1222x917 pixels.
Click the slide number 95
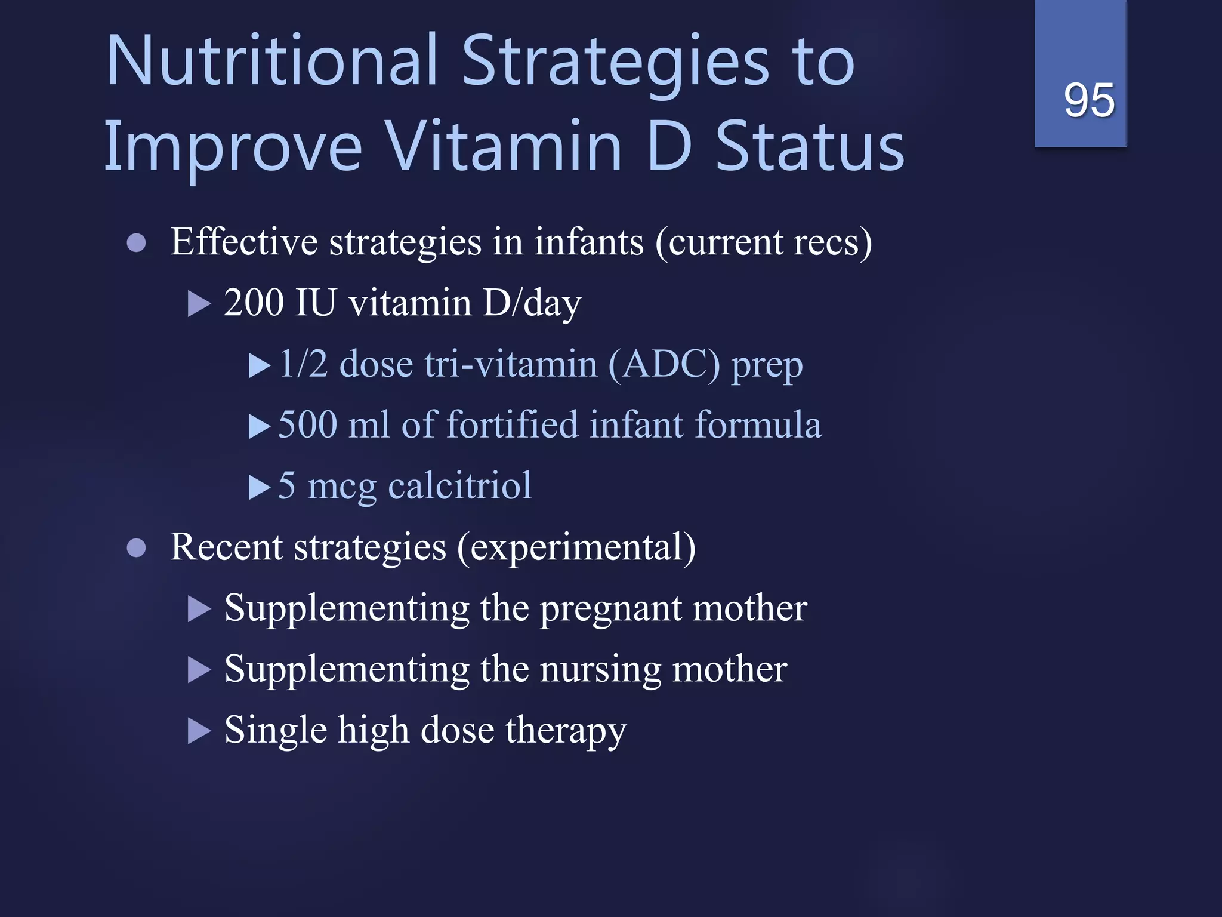pyautogui.click(x=1088, y=100)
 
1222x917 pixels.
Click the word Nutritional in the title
pyautogui.click(x=272, y=61)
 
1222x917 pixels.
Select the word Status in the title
pyautogui.click(x=810, y=146)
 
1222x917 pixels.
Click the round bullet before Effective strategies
pyautogui.click(x=137, y=243)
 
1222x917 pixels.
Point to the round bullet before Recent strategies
pyautogui.click(x=137, y=548)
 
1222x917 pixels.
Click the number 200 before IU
pyautogui.click(x=254, y=303)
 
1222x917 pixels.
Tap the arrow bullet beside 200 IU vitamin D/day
pyautogui.click(x=199, y=304)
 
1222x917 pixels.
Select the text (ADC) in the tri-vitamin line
pyautogui.click(x=664, y=364)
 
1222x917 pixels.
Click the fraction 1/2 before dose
pyautogui.click(x=303, y=364)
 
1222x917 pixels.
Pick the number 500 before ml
pyautogui.click(x=308, y=425)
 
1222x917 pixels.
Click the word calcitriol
pyautogui.click(x=459, y=485)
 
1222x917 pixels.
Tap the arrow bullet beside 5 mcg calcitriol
pyautogui.click(x=259, y=487)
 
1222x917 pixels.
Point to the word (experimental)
pyautogui.click(x=576, y=547)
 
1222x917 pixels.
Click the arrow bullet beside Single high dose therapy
pyautogui.click(x=199, y=731)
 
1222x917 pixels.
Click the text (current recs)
pyautogui.click(x=764, y=243)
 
